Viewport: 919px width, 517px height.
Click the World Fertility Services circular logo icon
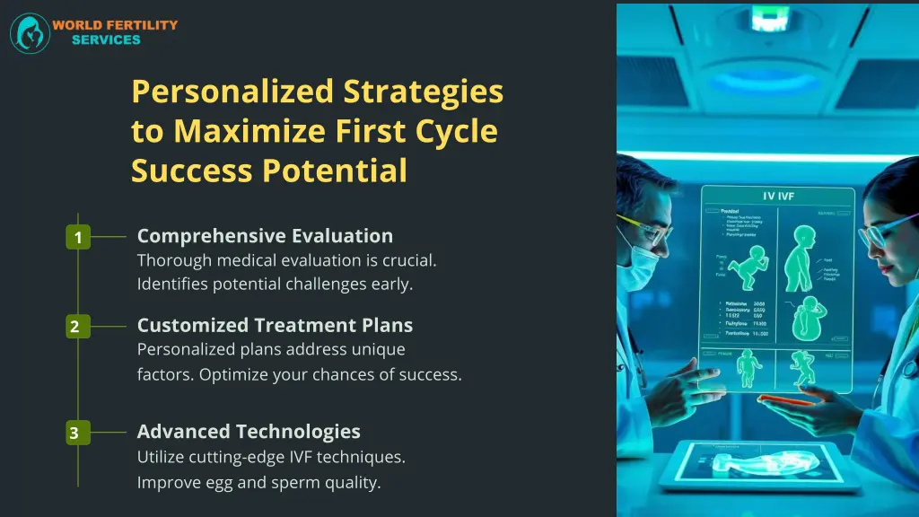(x=30, y=33)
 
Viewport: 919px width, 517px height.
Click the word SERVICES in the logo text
(x=106, y=40)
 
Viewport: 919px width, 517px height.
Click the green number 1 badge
(x=78, y=238)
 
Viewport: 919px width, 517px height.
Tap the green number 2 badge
(x=75, y=327)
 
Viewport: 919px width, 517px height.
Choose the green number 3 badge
(x=75, y=434)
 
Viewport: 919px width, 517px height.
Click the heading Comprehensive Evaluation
(x=265, y=236)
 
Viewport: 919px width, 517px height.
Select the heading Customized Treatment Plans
(x=275, y=325)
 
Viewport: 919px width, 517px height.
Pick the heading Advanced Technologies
(x=249, y=432)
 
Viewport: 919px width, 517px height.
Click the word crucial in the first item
(x=406, y=261)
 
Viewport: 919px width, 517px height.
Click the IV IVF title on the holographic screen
(x=777, y=196)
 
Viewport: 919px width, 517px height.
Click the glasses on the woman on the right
(x=884, y=233)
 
